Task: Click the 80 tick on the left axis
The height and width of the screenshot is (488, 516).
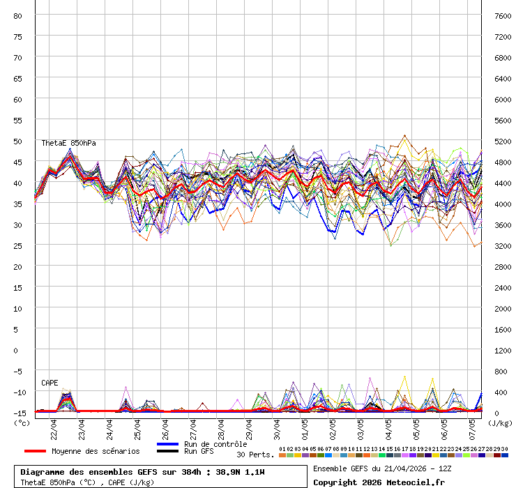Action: [18, 15]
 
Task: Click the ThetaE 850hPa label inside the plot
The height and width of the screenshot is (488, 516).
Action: [68, 143]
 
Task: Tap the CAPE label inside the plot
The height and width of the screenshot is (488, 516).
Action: [50, 383]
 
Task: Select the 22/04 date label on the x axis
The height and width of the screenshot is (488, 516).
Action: [54, 424]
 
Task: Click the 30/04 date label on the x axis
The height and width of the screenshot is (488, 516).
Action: [277, 424]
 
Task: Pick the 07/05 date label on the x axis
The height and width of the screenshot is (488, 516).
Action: [472, 424]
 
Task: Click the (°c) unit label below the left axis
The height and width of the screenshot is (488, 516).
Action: [22, 422]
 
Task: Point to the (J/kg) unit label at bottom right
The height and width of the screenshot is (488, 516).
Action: [500, 422]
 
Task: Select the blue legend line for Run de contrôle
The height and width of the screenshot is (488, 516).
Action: [167, 444]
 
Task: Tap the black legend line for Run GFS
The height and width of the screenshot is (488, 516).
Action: [167, 451]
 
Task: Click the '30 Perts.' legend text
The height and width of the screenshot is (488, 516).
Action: [255, 455]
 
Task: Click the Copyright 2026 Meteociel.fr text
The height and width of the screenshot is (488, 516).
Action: [379, 482]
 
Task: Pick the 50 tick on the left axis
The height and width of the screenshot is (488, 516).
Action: [18, 141]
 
